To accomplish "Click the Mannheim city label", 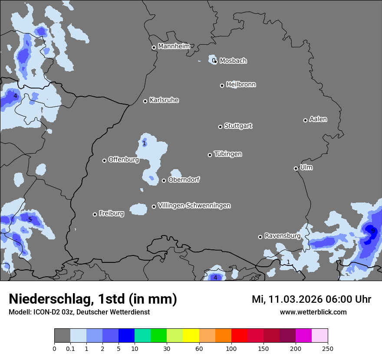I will (174, 46).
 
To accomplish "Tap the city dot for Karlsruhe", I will (145, 101).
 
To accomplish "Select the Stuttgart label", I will (238, 126).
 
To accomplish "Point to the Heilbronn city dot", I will (222, 85).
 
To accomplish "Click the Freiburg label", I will (111, 213).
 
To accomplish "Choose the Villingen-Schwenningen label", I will (194, 206).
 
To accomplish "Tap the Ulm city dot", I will (296, 168).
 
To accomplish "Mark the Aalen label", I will (318, 119).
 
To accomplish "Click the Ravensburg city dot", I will (260, 237).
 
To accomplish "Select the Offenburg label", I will (123, 160).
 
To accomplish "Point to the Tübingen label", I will (228, 154).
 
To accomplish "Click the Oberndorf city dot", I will (164, 180).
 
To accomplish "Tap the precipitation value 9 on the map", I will (372, 231).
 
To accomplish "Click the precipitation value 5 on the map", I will (30, 219).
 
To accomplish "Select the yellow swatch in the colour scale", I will (191, 336).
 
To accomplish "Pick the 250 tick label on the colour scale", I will (328, 348).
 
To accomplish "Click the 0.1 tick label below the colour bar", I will (70, 348).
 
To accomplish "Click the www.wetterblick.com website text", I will (313, 312).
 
